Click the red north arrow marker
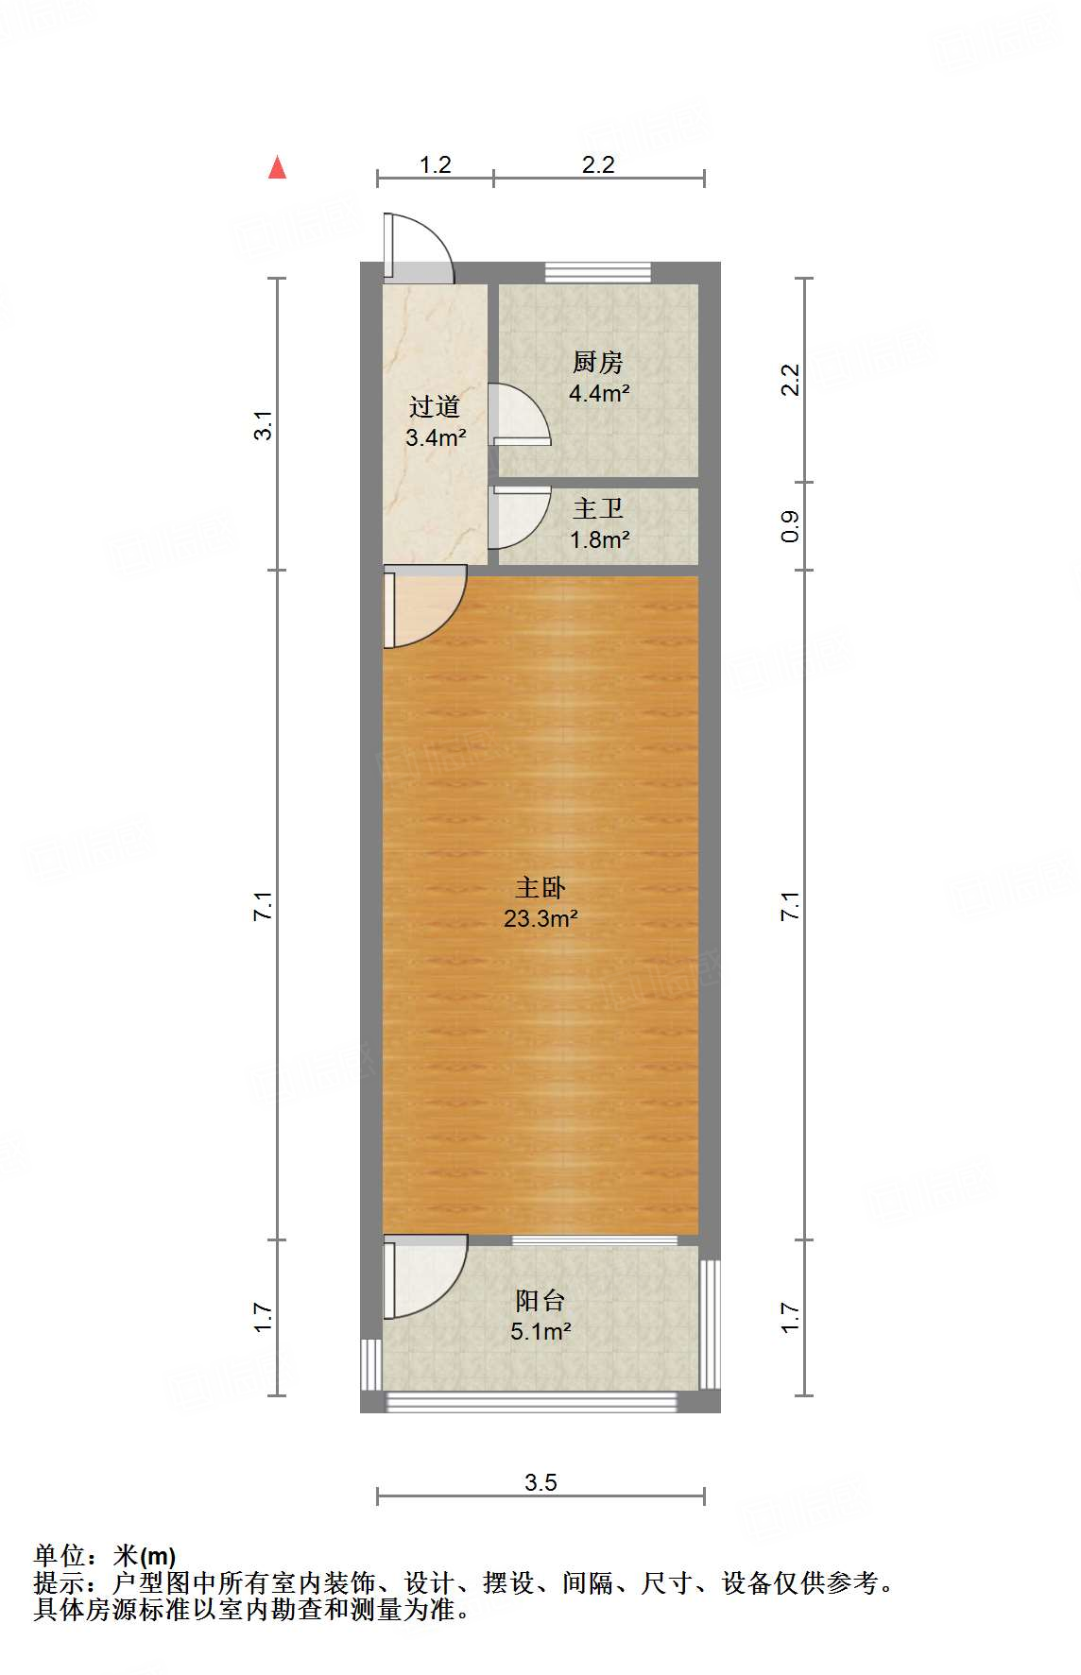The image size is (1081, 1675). coord(277,168)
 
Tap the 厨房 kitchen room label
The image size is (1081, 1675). coord(597,363)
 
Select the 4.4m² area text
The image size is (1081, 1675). coord(599,393)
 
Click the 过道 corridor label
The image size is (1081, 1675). coord(435,407)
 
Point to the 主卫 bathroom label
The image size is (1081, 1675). coord(598,509)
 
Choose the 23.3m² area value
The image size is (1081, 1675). coord(540,918)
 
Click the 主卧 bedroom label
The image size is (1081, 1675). coord(540,887)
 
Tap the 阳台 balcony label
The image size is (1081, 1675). coord(540,1301)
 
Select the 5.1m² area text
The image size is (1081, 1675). coord(540,1332)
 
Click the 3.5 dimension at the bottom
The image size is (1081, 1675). coord(541,1482)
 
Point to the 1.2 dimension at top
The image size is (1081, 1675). coord(435,165)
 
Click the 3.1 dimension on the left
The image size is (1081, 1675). coord(264,424)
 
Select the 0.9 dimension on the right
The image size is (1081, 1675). coord(791,526)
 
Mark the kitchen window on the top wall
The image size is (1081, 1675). coord(598,272)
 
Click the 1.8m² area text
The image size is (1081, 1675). coord(599,540)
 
